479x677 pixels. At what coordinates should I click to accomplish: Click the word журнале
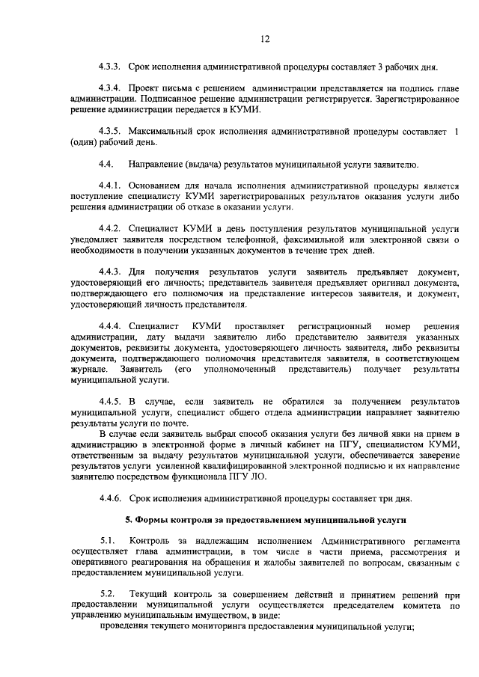(x=86, y=370)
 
